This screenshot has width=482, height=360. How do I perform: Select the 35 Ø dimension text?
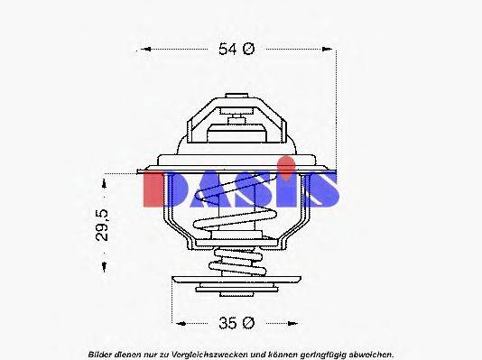pos(237,321)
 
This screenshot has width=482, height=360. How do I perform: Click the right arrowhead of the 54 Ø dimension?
pos(331,50)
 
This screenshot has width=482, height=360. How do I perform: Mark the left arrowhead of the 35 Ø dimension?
pos(178,321)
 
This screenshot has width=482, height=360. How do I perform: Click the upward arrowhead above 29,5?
pos(106,181)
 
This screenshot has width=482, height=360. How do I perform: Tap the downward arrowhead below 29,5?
pos(106,267)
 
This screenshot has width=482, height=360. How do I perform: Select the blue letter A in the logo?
pos(211,188)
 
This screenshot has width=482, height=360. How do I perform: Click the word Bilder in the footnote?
pos(100,353)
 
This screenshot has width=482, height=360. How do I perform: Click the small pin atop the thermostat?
pos(238,118)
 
